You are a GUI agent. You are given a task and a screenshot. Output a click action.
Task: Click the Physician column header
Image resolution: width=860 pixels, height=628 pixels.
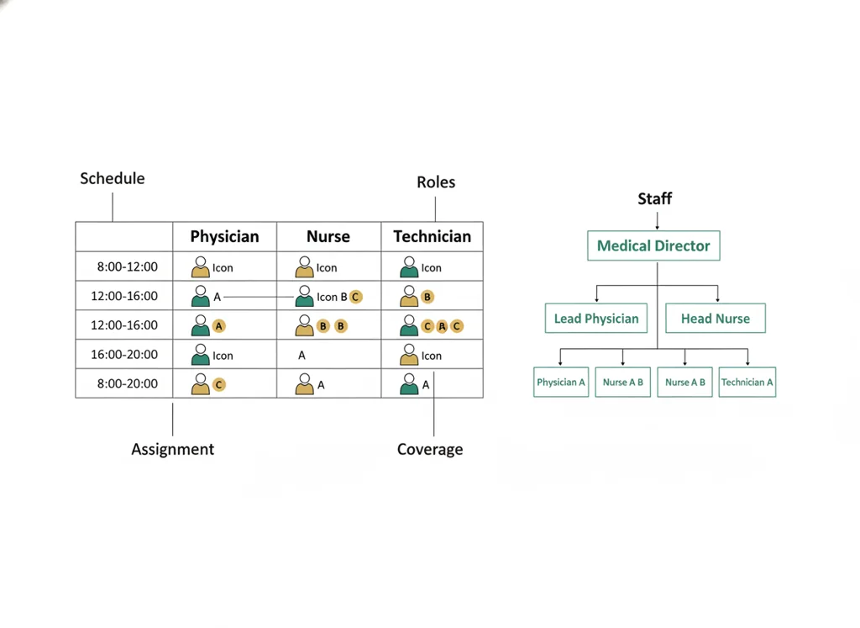224,236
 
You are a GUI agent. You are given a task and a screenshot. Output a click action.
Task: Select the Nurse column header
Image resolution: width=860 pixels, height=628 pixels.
328,236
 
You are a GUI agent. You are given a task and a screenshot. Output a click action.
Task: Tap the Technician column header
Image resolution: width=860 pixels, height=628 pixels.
433,236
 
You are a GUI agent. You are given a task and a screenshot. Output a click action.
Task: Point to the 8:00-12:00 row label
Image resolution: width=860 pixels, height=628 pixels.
128,267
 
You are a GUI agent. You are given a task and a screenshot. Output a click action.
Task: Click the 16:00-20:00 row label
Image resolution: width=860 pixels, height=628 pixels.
124,355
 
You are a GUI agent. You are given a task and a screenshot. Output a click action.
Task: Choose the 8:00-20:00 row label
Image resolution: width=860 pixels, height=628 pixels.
128,383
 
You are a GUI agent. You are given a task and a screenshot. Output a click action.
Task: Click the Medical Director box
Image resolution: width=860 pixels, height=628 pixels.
653,245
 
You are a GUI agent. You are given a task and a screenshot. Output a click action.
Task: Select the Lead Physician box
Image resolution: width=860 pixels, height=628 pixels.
596,319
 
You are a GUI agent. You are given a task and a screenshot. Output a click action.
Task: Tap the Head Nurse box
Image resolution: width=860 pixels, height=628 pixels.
716,319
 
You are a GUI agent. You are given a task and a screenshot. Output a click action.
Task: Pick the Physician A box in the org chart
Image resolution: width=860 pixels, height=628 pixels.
561,382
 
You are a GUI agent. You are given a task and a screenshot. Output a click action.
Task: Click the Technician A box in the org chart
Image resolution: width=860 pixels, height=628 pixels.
747,382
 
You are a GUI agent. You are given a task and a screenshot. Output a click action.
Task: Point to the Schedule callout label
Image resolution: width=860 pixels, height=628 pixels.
113,178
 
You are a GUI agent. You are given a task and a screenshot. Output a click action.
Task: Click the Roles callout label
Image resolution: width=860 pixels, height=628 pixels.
436,182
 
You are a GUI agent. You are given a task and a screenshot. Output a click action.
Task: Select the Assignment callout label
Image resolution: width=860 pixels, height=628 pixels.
173,449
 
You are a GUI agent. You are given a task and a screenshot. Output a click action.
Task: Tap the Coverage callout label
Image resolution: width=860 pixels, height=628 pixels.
430,449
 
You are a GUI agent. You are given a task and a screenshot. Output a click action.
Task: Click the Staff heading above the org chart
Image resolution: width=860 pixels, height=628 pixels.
655,198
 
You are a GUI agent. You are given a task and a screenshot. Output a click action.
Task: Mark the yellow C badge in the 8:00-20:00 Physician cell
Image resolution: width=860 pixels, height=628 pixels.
219,385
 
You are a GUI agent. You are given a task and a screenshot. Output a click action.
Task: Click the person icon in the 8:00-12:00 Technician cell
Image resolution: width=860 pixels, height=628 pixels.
409,267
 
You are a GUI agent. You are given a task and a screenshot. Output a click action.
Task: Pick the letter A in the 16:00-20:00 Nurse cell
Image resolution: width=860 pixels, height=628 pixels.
302,356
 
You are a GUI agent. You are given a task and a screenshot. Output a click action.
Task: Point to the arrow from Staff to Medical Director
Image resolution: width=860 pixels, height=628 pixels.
657,219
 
